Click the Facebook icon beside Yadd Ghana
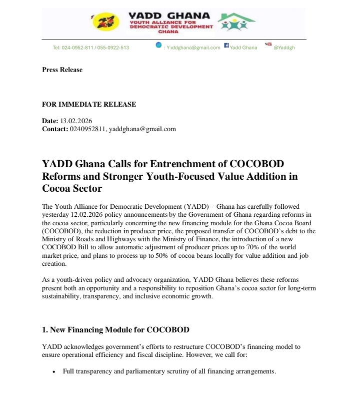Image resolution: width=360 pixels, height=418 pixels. coord(226,46)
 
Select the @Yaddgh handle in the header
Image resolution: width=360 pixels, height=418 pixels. coord(284,48)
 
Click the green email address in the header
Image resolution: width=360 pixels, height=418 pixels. coord(192,48)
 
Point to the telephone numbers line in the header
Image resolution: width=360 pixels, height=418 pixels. coord(90,48)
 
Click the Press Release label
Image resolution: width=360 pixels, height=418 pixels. coord(62,70)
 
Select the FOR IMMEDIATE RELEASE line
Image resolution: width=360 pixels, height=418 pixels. coord(89,105)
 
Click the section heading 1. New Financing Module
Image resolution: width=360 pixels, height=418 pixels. coord(115,330)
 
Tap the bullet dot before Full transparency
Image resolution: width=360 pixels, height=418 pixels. coord(54,372)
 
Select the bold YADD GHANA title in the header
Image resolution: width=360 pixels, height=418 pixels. coord(169,16)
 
